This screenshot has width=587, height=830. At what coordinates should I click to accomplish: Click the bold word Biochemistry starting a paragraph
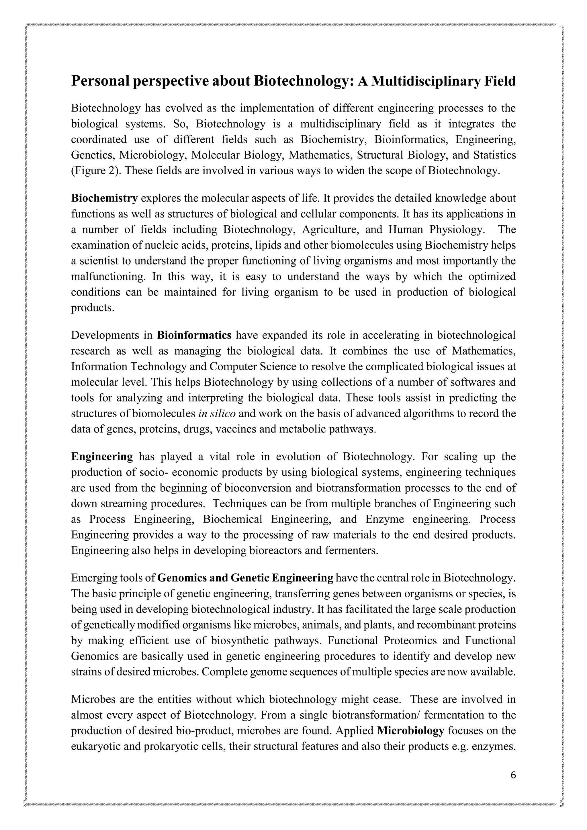[x=104, y=198]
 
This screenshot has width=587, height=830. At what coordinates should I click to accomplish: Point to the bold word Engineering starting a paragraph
[x=102, y=457]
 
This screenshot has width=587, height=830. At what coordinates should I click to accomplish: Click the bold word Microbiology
[x=410, y=731]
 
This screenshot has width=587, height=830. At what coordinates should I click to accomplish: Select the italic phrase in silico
[x=217, y=413]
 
